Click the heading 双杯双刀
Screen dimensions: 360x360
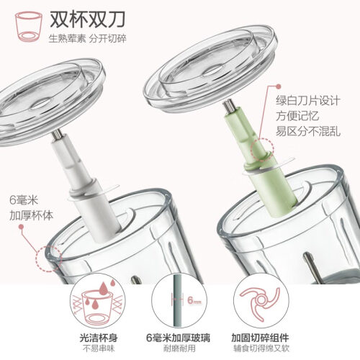(x=87, y=19)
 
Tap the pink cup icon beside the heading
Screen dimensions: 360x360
(x=29, y=27)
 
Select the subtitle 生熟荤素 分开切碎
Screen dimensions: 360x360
(x=87, y=38)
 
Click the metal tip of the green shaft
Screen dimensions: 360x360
(x=228, y=107)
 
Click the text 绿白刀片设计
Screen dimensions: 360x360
(x=308, y=100)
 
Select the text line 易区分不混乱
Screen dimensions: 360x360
(x=308, y=131)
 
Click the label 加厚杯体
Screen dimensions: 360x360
(x=31, y=215)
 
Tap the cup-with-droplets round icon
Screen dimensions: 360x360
(x=98, y=302)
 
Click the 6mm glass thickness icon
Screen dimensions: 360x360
(x=179, y=301)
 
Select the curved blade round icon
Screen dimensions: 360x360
(x=261, y=301)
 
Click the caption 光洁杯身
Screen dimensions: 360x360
(x=99, y=338)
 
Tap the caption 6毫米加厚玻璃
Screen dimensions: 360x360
(x=178, y=338)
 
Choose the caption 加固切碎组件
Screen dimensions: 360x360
(x=260, y=338)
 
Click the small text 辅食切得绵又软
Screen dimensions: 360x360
(x=261, y=348)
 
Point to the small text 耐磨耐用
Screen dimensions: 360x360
(x=179, y=348)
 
